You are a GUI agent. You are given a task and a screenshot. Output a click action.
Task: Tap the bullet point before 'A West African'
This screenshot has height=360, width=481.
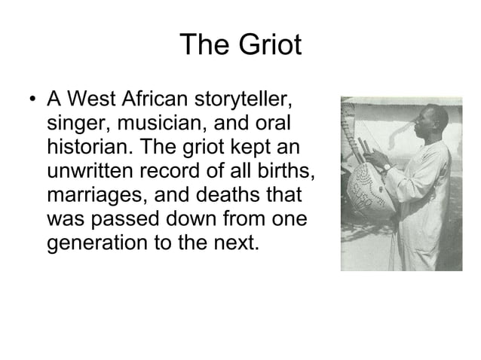point(29,101)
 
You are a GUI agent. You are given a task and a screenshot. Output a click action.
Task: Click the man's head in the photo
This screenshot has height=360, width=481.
point(394,118)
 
